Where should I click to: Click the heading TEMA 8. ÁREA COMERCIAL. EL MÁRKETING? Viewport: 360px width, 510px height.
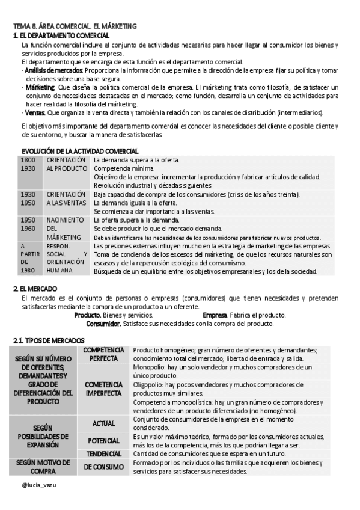pyautogui.click(x=75, y=26)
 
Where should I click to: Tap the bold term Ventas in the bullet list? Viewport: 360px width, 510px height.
pyautogui.click(x=34, y=112)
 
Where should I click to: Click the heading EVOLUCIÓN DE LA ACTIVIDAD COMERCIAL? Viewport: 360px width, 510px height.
pyautogui.click(x=80, y=151)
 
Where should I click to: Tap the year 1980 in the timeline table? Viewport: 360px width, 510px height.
pyautogui.click(x=27, y=271)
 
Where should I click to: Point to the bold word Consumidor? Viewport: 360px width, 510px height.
pyautogui.click(x=103, y=324)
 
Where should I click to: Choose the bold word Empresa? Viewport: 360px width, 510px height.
pyautogui.click(x=215, y=315)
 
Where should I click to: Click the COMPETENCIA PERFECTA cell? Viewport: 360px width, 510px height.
pyautogui.click(x=104, y=354)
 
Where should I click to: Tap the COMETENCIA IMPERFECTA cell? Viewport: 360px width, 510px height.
pyautogui.click(x=104, y=389)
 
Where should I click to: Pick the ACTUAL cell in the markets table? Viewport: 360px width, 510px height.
pyautogui.click(x=104, y=423)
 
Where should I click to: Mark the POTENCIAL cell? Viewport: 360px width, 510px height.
pyautogui.click(x=104, y=441)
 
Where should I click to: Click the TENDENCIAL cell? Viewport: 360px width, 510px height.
pyautogui.click(x=104, y=453)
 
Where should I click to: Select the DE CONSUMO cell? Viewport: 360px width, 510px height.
pyautogui.click(x=104, y=467)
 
